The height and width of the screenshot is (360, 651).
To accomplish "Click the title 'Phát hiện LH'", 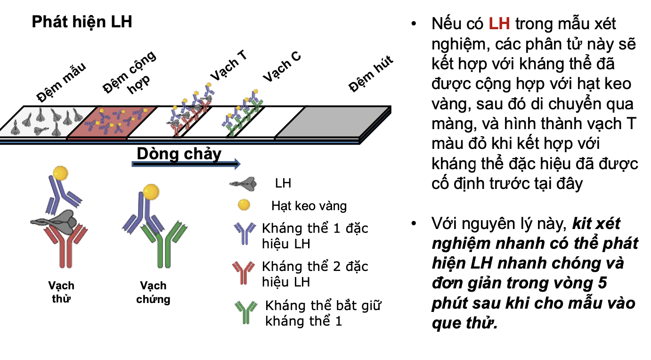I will pyautogui.click(x=82, y=22).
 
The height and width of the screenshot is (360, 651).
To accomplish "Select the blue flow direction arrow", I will pyautogui.click(x=186, y=164).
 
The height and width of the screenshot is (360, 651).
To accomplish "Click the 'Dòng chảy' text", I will pyautogui.click(x=179, y=154).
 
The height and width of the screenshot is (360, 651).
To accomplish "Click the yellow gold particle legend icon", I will pyautogui.click(x=244, y=205).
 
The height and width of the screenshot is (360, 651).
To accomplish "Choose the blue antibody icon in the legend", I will pyautogui.click(x=245, y=233).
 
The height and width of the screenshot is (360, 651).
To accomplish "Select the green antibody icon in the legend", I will pyautogui.click(x=246, y=311).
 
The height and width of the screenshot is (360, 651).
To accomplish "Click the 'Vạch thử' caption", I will pyautogui.click(x=61, y=292).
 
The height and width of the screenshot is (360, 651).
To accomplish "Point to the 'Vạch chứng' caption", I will pyautogui.click(x=153, y=292).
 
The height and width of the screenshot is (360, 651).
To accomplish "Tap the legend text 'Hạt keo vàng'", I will pyautogui.click(x=309, y=206).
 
